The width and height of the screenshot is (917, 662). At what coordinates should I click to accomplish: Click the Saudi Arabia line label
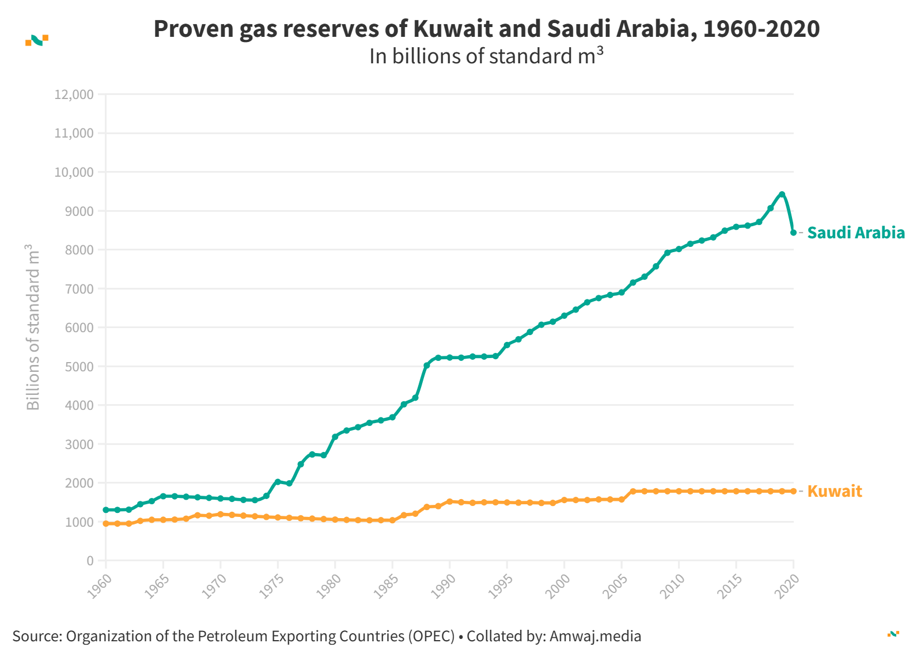855,233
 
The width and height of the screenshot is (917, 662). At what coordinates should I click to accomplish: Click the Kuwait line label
834,491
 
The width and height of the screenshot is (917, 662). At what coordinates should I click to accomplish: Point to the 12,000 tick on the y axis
74,94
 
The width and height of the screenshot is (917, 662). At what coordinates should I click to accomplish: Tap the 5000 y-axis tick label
79,367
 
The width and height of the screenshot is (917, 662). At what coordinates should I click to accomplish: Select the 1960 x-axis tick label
100,585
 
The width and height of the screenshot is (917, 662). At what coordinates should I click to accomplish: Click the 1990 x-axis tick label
444,585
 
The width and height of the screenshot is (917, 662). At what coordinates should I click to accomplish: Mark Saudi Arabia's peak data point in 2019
782,195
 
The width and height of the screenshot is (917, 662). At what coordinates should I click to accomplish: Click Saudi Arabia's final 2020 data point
793,233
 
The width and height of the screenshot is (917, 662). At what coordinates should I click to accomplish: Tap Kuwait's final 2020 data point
793,491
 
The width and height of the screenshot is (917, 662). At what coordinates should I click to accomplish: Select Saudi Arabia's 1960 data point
106,510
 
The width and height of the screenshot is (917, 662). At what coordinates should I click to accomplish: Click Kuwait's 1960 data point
106,524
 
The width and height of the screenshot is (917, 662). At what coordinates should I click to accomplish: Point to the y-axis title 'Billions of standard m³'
33,327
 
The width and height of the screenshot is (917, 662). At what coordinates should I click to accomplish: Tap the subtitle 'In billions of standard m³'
486,56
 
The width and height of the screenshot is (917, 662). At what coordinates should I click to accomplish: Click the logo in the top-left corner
37,40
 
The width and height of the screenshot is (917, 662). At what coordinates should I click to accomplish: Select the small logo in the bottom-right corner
893,634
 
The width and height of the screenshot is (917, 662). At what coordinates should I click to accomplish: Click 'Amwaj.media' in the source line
595,636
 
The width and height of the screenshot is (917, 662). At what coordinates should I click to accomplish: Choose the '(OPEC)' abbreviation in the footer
431,636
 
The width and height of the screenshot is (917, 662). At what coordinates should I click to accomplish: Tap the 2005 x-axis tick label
615,585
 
